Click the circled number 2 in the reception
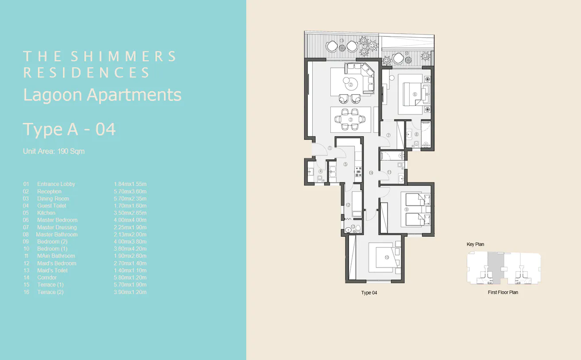tap(350, 85)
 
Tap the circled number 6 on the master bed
tap(415, 94)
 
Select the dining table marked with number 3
tap(350, 120)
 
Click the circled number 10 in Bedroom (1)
tap(386, 258)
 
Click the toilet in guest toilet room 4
tap(320, 178)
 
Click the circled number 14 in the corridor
tap(371, 173)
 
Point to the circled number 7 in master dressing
tap(388, 135)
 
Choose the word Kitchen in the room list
tap(46, 213)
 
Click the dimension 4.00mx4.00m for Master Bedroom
tap(130, 220)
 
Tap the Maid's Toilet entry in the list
tap(52, 271)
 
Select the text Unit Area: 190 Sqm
tap(54, 151)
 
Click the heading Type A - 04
tap(70, 129)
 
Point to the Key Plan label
tap(475, 244)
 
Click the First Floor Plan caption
tap(503, 292)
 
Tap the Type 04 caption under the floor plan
tap(369, 293)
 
